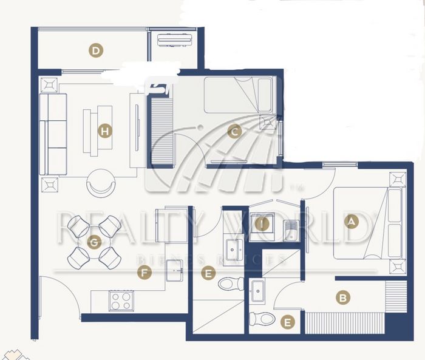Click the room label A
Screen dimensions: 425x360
coord(352,222)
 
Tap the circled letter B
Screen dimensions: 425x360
coord(343,298)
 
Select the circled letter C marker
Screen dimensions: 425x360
coord(235,132)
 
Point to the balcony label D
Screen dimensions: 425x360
coord(96,50)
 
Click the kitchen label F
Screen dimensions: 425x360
coord(144,273)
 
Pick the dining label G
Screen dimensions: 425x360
coord(94,242)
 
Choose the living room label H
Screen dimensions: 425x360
coord(105,132)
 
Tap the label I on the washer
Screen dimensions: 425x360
coord(262,224)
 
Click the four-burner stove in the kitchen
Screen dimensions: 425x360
coord(121,301)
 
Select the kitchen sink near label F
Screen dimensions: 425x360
coord(174,270)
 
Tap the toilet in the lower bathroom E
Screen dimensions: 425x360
coord(262,319)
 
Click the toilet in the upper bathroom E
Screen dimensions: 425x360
coord(231,284)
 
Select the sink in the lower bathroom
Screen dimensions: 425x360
coord(258,291)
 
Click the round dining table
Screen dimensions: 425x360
coord(94,242)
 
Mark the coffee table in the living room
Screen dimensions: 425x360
coord(98,131)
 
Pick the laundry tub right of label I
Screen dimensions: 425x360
coord(291,231)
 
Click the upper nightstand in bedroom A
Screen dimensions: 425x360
coord(398,179)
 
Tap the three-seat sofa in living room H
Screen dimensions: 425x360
coord(53,134)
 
